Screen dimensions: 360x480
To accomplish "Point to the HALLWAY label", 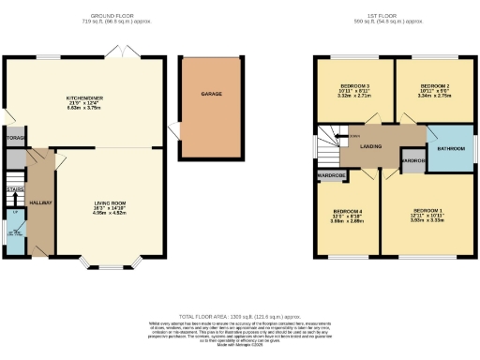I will pyautogui.click(x=39, y=202).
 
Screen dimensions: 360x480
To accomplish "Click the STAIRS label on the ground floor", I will pyautogui.click(x=14, y=189).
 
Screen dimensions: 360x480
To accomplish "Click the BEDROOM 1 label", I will pyautogui.click(x=426, y=209).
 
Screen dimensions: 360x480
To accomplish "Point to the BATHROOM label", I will pyautogui.click(x=451, y=148).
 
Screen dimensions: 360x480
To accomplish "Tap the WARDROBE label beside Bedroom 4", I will pyautogui.click(x=331, y=175).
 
